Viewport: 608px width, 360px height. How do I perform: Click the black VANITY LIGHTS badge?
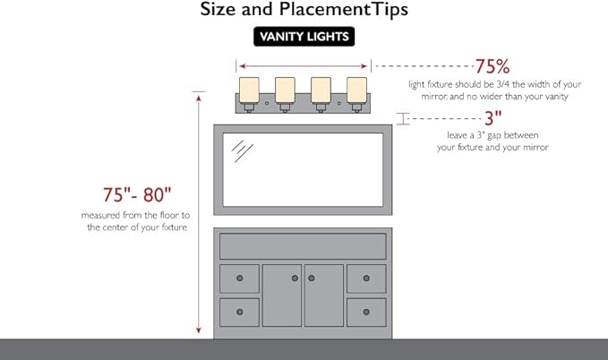click(304, 37)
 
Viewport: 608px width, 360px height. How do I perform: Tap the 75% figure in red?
click(492, 66)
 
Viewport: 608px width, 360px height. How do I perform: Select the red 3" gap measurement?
click(492, 118)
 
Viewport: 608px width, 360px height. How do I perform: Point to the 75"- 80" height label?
click(137, 194)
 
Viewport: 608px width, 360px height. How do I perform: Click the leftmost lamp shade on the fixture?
click(249, 90)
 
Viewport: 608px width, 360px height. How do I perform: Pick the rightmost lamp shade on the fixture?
click(356, 90)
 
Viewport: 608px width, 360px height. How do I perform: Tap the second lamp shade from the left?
click(285, 90)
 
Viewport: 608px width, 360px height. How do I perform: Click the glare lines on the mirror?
click(242, 151)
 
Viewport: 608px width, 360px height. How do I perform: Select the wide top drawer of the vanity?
click(303, 246)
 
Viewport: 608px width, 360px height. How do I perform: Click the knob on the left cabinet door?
click(295, 279)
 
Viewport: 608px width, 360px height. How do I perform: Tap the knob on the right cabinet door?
click(312, 279)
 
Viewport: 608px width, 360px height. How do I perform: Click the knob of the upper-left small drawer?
click(240, 279)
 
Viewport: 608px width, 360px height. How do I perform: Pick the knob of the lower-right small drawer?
click(366, 312)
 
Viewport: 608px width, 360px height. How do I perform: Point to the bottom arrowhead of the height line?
click(199, 330)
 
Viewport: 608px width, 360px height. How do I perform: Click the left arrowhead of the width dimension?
click(243, 66)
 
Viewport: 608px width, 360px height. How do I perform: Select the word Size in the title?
click(217, 9)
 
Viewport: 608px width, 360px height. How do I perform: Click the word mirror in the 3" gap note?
click(535, 148)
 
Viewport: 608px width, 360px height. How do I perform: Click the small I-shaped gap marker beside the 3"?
click(403, 119)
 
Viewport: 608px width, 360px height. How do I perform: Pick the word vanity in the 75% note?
click(556, 97)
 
